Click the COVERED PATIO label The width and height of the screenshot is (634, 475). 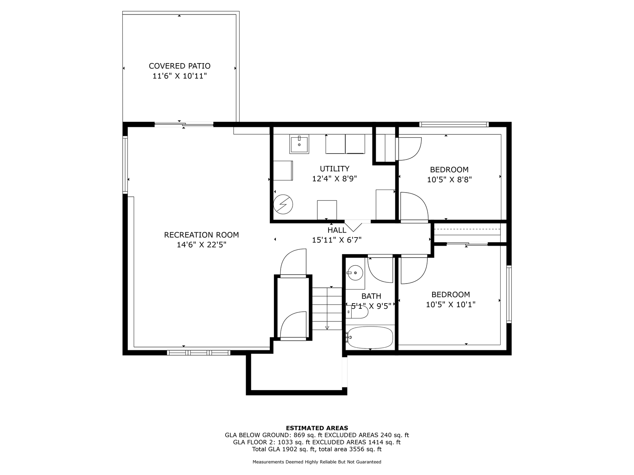pos(179,66)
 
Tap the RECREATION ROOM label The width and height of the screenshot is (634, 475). pos(201,235)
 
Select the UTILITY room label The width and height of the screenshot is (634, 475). pos(334,169)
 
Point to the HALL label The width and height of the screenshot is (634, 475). pos(337,230)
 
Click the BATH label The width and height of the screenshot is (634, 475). pos(371,296)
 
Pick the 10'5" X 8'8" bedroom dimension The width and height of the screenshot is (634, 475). pos(449,180)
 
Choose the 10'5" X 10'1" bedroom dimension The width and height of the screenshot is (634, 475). pos(451,305)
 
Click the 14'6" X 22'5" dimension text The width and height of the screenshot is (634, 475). pos(201,245)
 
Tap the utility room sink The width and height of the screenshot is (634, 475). pos(299,144)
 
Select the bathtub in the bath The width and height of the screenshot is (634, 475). pos(369,337)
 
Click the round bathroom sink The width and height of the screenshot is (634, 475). pos(356,273)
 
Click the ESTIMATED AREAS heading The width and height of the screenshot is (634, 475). pos(317,428)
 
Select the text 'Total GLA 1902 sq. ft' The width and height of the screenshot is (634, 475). pos(284,449)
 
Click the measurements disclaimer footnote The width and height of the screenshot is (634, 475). pos(317,462)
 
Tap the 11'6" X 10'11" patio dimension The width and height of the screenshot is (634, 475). pos(179,76)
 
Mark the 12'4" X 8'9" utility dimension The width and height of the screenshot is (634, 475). pos(334,179)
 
